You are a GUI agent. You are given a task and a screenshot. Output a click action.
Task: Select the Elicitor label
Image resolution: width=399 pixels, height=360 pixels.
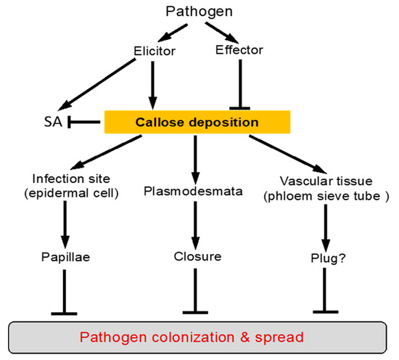154,51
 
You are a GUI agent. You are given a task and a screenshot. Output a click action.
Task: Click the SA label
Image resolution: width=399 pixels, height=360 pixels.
53,121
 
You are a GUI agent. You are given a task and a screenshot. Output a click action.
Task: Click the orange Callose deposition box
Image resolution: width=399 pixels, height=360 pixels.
198,122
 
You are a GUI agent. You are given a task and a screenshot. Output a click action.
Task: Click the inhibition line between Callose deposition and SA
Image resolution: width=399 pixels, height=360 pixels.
84,122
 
